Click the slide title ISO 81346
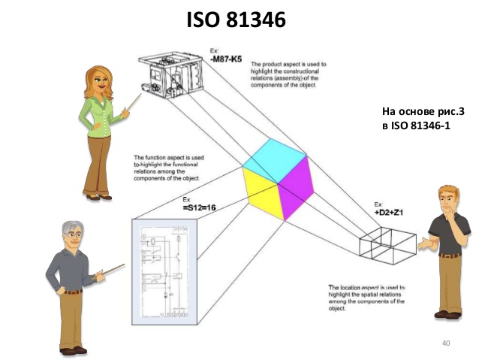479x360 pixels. tap(236, 20)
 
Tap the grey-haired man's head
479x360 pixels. tap(74, 236)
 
